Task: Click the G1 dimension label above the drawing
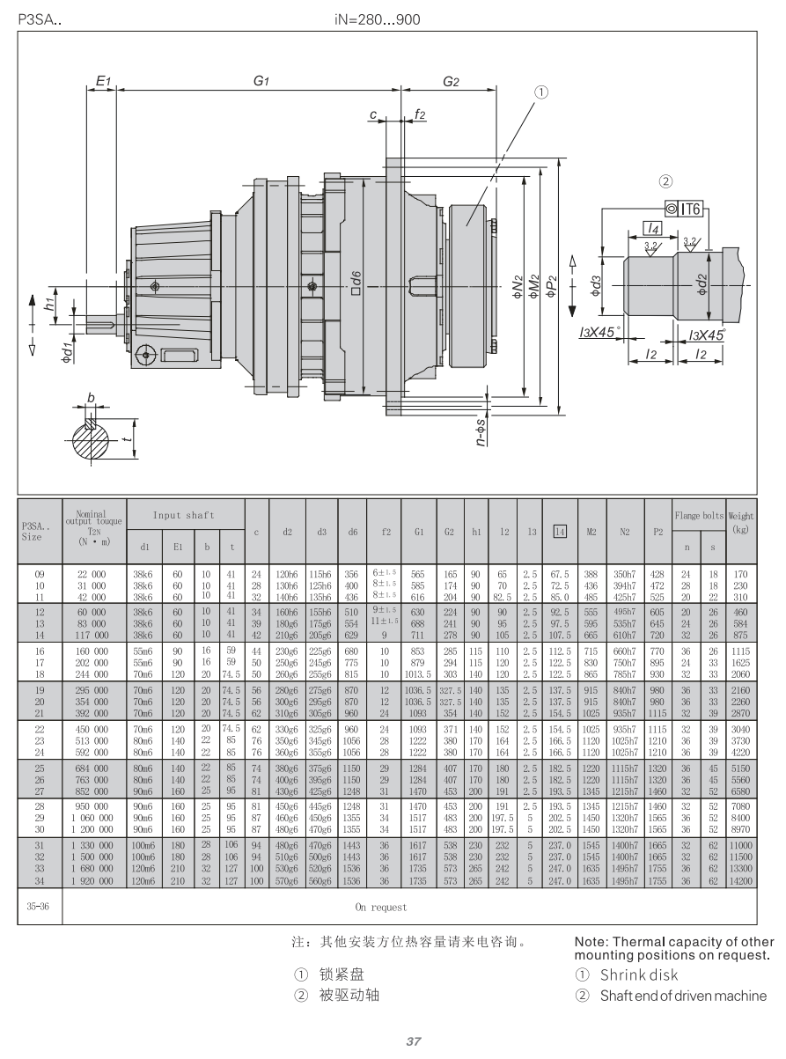(261, 81)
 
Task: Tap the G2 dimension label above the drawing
(451, 81)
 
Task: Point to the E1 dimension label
(102, 81)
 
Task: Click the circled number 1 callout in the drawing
(541, 91)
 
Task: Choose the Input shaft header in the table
(185, 515)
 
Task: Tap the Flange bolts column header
(701, 514)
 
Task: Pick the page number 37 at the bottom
(412, 1042)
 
